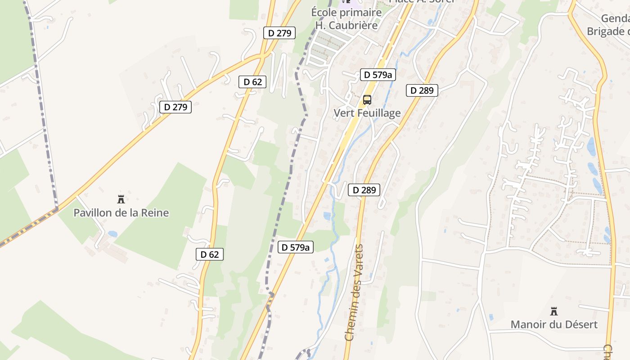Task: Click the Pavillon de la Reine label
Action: click(121, 212)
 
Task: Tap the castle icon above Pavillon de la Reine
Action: click(121, 199)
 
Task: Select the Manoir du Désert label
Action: click(554, 324)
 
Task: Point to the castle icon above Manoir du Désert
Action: click(554, 311)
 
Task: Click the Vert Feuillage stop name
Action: click(367, 113)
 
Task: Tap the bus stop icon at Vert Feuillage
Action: click(367, 100)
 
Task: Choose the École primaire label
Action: click(346, 13)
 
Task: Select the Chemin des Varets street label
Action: click(354, 292)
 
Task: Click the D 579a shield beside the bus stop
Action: click(378, 75)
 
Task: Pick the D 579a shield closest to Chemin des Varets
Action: click(295, 247)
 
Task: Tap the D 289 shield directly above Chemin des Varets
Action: click(364, 190)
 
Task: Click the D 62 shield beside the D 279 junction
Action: click(252, 82)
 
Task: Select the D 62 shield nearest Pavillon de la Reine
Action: click(210, 254)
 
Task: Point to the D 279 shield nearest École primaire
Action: click(279, 33)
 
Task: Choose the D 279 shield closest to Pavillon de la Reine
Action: click(175, 107)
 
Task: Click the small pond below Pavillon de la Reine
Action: click(112, 234)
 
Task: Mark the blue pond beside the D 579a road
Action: click(327, 216)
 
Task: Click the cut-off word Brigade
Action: click(607, 31)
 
